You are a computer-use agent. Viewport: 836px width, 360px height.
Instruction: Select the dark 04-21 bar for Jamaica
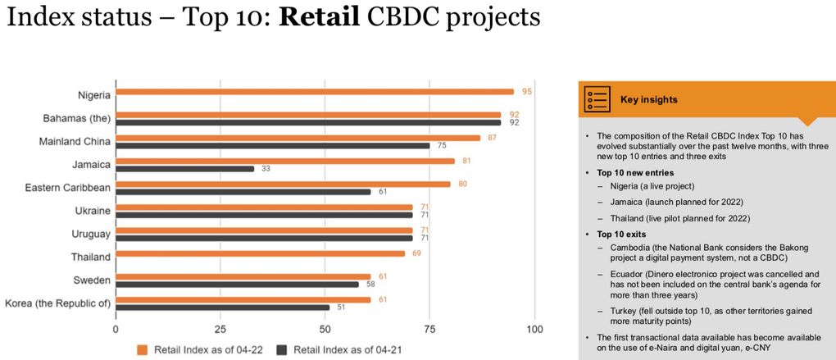[184, 168]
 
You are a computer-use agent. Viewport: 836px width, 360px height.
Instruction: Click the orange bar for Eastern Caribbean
[283, 184]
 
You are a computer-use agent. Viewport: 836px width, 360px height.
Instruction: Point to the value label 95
[527, 92]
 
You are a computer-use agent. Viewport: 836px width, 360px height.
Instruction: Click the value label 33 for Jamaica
[266, 168]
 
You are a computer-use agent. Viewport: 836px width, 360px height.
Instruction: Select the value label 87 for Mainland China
[493, 138]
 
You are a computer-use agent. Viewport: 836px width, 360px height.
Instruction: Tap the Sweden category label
[93, 280]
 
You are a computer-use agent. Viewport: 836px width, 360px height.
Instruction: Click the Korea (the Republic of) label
[58, 303]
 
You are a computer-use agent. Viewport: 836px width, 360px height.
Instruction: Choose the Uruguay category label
[91, 235]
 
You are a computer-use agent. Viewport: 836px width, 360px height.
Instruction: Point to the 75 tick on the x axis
[429, 330]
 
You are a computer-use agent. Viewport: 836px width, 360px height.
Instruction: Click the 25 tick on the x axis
[220, 330]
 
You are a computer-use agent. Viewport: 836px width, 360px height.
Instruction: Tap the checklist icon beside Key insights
[597, 98]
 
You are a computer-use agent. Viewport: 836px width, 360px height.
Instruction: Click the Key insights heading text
[649, 99]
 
